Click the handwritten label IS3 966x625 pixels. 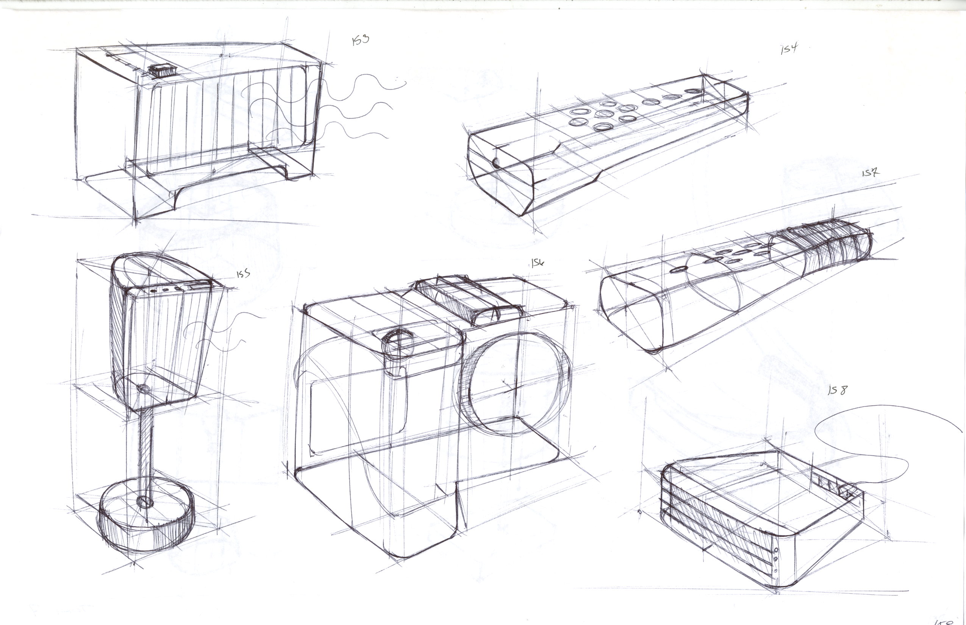[x=360, y=40]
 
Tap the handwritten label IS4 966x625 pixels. [x=789, y=49]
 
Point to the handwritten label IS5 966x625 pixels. [x=243, y=274]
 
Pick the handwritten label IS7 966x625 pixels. [x=870, y=173]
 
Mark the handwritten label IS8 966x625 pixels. [x=838, y=391]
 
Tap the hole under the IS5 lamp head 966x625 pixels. [x=143, y=389]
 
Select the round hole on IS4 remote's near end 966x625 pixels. [x=496, y=163]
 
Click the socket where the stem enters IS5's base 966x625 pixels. [x=144, y=501]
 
